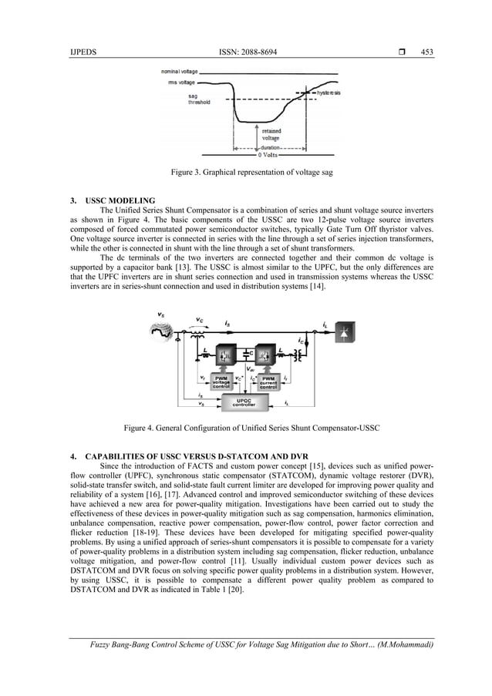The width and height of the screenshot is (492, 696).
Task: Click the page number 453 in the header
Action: [426, 52]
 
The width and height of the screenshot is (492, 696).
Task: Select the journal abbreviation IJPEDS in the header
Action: [82, 52]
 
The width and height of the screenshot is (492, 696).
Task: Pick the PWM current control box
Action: [268, 382]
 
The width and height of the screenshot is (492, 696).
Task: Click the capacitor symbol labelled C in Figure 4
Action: [245, 354]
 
